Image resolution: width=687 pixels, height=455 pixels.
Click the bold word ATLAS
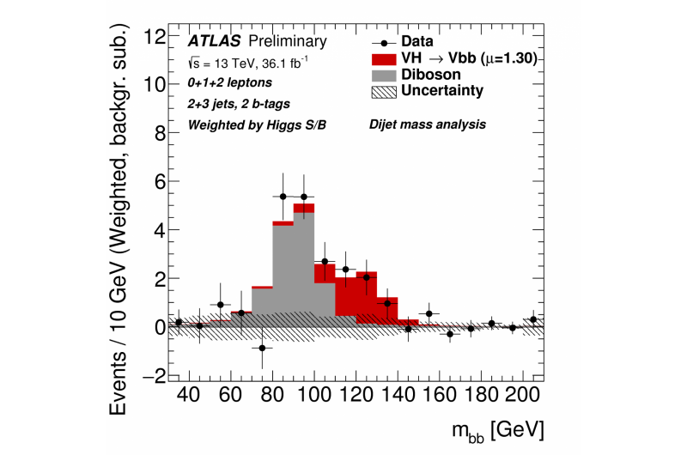209,41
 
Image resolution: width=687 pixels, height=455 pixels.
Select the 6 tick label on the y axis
159,182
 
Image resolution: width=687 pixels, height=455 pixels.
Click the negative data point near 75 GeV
263,348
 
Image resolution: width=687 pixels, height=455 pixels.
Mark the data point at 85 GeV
283,196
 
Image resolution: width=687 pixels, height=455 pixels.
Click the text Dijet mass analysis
428,124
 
